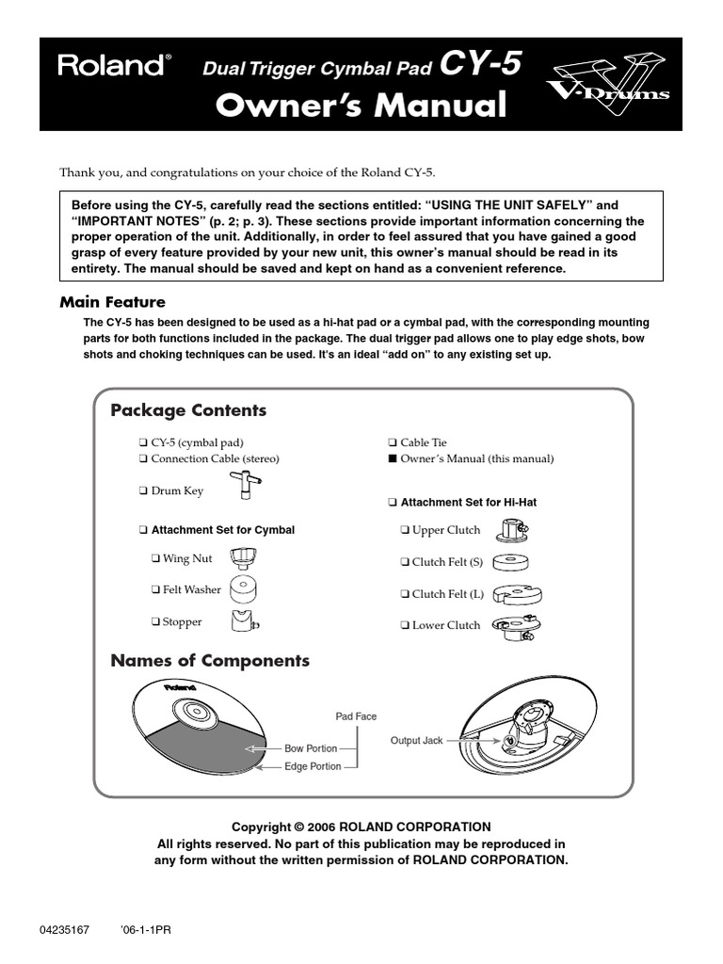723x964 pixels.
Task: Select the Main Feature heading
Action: (112, 302)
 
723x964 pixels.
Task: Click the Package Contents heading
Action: (188, 410)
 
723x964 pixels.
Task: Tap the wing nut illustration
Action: (243, 557)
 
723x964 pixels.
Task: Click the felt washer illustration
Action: (243, 589)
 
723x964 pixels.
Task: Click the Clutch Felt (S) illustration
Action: (511, 563)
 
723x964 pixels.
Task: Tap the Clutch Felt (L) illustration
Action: (514, 594)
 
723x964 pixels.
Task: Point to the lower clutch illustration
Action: (515, 626)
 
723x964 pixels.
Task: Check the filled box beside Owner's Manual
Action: (393, 459)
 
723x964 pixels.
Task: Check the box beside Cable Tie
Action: (393, 442)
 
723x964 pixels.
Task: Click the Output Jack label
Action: (416, 742)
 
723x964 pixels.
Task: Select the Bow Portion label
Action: (311, 748)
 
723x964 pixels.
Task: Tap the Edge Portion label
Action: (313, 767)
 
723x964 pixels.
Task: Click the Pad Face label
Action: (356, 716)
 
